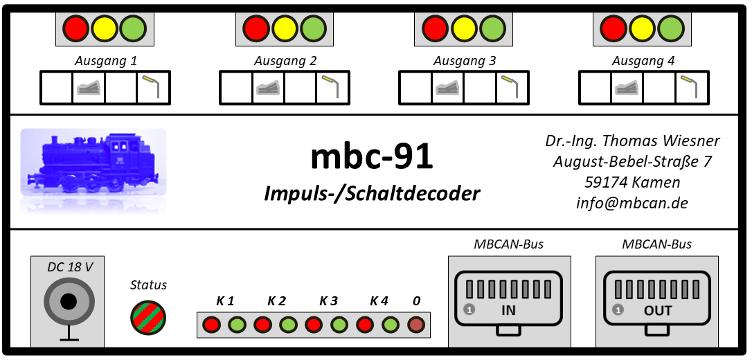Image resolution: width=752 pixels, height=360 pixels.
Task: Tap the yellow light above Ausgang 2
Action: (x=285, y=28)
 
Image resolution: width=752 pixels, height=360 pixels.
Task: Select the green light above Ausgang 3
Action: (x=492, y=28)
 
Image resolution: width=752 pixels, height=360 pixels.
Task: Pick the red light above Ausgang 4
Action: (x=614, y=28)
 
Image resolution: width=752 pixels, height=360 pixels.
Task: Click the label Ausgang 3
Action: (x=465, y=62)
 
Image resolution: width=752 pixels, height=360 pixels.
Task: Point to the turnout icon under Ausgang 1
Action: (x=89, y=88)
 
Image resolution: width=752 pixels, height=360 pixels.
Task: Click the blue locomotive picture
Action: (x=93, y=163)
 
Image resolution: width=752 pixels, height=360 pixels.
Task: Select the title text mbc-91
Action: (x=372, y=156)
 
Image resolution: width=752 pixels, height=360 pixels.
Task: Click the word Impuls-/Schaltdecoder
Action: (x=372, y=193)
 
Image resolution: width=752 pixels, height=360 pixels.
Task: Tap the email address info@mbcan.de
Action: (x=632, y=203)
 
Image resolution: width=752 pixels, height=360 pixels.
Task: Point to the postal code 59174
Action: (x=606, y=182)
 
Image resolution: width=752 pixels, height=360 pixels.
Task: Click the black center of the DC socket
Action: (x=69, y=302)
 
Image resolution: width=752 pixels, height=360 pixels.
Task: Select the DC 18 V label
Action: (x=70, y=267)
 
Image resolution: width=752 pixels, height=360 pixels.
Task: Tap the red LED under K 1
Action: (x=211, y=325)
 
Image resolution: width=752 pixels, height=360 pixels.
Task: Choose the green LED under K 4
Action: (x=391, y=325)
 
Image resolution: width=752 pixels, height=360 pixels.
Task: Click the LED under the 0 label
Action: (x=416, y=325)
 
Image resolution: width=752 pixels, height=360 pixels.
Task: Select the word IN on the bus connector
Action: (x=508, y=311)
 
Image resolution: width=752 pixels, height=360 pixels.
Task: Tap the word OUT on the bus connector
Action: (x=658, y=311)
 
